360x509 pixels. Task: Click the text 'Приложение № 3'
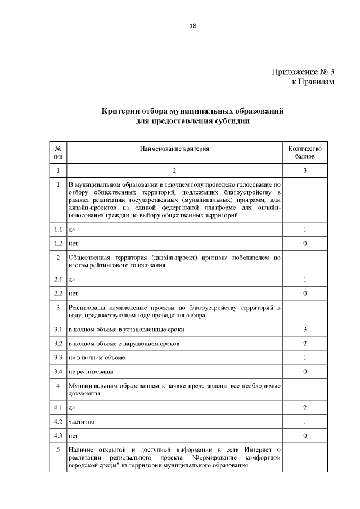[303, 72]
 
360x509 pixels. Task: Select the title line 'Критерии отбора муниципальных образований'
[192, 111]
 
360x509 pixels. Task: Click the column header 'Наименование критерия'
[174, 149]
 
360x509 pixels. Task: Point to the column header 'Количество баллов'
[304, 153]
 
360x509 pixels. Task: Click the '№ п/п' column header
[58, 153]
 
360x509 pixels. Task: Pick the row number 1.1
[58, 229]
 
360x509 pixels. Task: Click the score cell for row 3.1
[304, 329]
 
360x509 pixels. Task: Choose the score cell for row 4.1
[304, 407]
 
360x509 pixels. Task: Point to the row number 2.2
[58, 294]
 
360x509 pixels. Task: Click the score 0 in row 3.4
[304, 372]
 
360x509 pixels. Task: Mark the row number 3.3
[58, 357]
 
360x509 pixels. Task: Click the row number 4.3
[58, 436]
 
